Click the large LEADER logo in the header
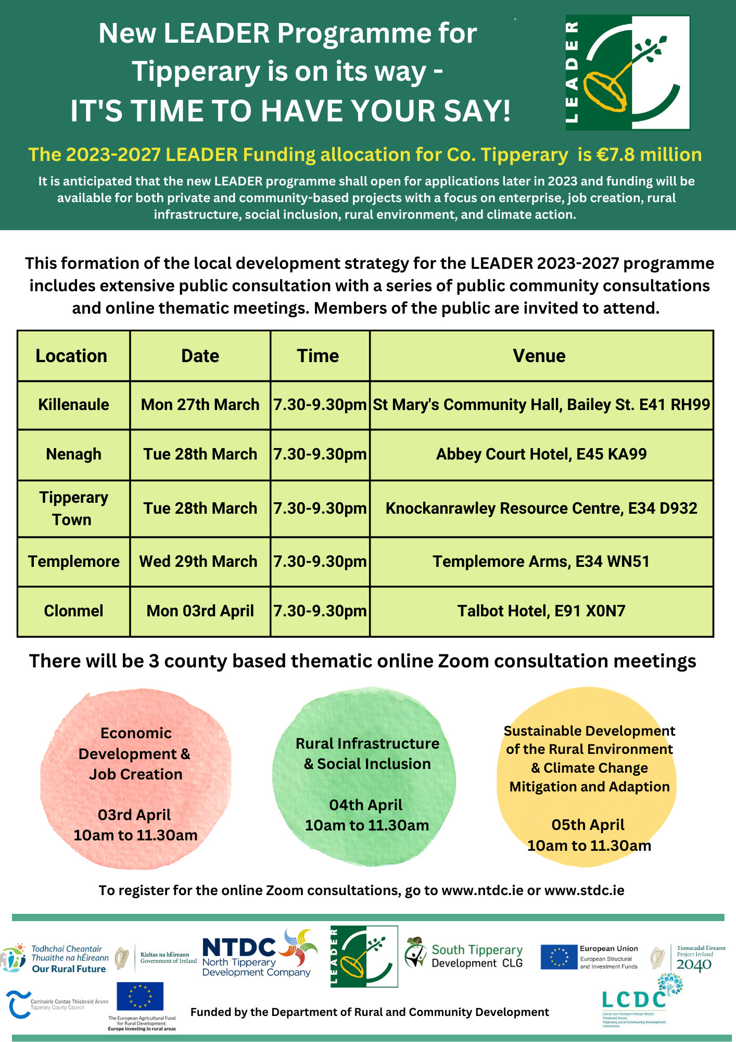pyautogui.click(x=627, y=72)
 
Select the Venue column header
pyautogui.click(x=539, y=356)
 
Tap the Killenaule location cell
pyautogui.click(x=73, y=405)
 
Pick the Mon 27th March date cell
pyautogui.click(x=200, y=405)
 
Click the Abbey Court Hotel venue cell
pyautogui.click(x=541, y=454)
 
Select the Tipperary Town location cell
pyautogui.click(x=73, y=508)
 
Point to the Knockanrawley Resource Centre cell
pyautogui.click(x=541, y=508)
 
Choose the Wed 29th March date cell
pyautogui.click(x=198, y=562)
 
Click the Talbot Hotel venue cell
pyautogui.click(x=541, y=611)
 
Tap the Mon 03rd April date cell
pyautogui.click(x=200, y=611)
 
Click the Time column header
pyautogui.click(x=318, y=356)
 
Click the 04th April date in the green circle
pyautogui.click(x=366, y=805)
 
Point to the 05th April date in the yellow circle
pyautogui.click(x=588, y=825)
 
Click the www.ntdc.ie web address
pyautogui.click(x=482, y=890)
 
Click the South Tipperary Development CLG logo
pyautogui.click(x=464, y=957)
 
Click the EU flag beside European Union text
pyautogui.click(x=559, y=957)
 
